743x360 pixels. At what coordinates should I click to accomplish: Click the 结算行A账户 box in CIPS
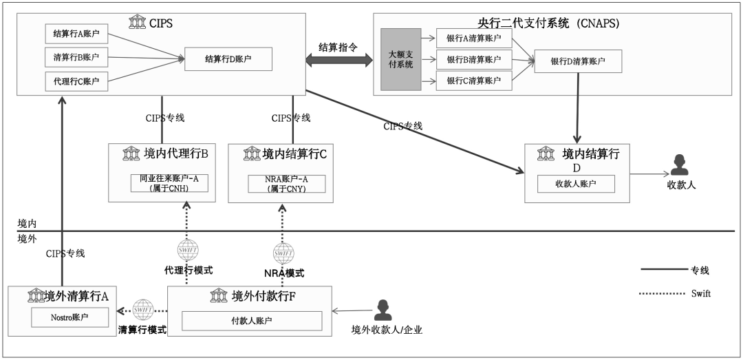click(76, 34)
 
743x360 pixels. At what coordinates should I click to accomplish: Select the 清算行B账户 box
click(76, 57)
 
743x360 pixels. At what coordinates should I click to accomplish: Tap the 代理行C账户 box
click(76, 81)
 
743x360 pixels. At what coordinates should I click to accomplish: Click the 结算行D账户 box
click(228, 59)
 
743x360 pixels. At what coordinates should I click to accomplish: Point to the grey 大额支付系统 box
click(400, 60)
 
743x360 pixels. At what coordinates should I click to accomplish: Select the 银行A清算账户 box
click(473, 39)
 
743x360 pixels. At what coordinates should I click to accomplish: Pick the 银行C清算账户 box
click(473, 81)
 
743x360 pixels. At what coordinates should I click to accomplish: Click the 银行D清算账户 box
click(578, 61)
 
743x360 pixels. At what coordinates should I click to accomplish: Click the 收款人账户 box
click(576, 184)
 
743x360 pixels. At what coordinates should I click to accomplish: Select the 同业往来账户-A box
click(169, 183)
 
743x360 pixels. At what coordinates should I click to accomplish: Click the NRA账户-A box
click(286, 183)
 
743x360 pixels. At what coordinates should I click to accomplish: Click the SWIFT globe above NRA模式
click(283, 253)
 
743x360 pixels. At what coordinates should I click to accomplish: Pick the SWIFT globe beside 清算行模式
click(143, 309)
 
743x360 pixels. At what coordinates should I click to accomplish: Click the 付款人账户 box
click(252, 321)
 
